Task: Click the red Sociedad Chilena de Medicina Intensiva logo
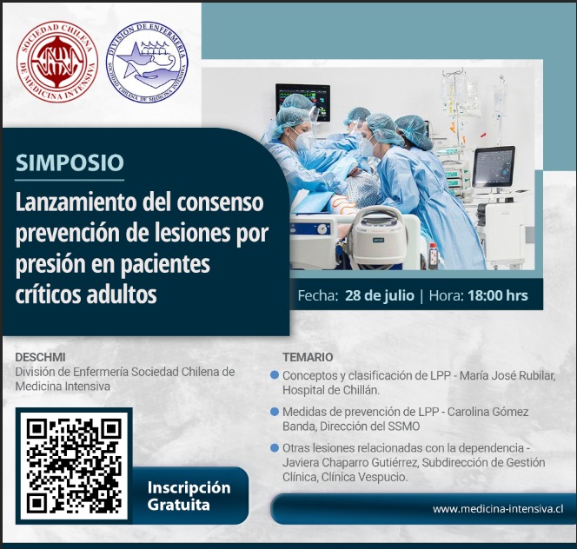coord(57,61)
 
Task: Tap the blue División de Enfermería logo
coord(147,62)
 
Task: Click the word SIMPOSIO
coord(70,162)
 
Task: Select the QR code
coord(74,465)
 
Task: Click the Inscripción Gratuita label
coord(189,496)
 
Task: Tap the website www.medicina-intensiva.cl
coord(498,509)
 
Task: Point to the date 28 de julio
coord(380,295)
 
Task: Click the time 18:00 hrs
coord(498,295)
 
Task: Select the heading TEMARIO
coord(308,357)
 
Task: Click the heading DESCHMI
coord(40,357)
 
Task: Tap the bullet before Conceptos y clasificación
coord(274,375)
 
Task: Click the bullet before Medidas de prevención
coord(274,412)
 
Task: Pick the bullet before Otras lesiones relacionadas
coord(274,448)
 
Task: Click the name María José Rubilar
coord(507,375)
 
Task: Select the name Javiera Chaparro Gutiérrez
coord(351,462)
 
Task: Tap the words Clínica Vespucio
coord(364,477)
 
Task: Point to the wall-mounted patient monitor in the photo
coord(302,102)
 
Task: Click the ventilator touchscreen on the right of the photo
coord(493,167)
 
